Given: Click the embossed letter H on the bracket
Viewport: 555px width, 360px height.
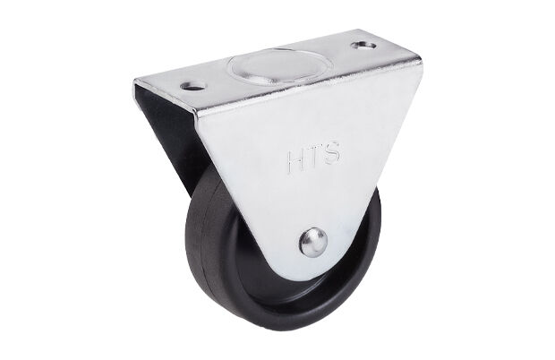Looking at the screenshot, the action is pyautogui.click(x=295, y=162).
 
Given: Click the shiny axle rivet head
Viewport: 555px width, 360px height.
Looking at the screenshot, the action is pyautogui.click(x=313, y=242).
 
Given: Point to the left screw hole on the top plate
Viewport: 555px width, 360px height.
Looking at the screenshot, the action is pyautogui.click(x=193, y=86).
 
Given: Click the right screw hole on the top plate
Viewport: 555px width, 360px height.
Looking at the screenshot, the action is pyautogui.click(x=364, y=46).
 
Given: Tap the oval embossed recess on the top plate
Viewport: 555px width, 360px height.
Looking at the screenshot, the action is pyautogui.click(x=279, y=65).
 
